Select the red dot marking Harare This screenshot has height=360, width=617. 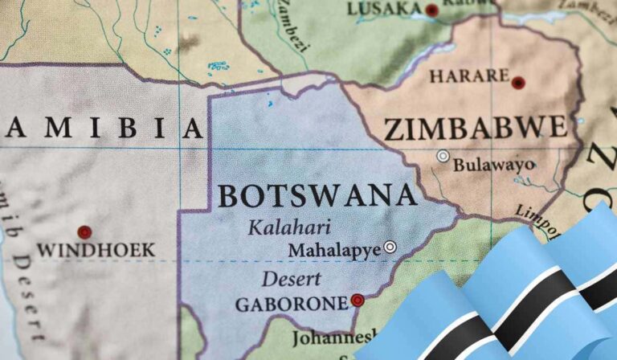(518, 82)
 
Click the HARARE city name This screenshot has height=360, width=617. (469, 77)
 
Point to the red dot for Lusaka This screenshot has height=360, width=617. (432, 10)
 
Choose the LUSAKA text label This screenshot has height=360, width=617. (384, 9)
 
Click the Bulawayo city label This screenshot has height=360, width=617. (494, 166)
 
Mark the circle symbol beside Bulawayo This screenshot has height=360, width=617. (443, 156)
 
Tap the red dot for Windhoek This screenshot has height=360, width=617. (84, 231)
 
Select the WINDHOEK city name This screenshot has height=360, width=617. (96, 251)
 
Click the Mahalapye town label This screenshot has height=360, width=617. (334, 251)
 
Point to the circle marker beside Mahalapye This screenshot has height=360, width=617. (390, 247)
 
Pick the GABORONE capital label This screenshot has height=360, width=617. (291, 305)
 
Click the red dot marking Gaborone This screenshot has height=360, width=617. (358, 301)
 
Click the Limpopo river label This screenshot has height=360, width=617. (538, 215)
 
